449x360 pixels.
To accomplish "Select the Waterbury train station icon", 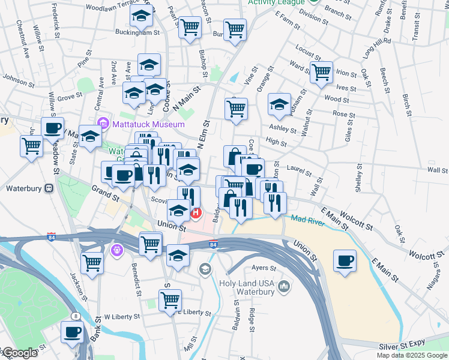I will coord(50,188).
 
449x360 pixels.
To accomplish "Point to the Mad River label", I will coord(308,218).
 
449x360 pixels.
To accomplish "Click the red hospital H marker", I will coord(196,213).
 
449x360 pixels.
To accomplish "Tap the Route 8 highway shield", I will coord(76,316).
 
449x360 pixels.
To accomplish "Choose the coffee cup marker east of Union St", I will coord(345,261).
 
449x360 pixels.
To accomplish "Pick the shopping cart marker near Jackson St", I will coord(92,262).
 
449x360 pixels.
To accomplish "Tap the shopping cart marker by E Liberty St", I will coord(170,299).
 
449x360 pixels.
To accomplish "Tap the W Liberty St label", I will coord(122,316).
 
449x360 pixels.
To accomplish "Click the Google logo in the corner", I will coord(19,353).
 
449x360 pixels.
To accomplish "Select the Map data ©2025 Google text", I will coord(411,355).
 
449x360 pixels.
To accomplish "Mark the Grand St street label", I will coord(105,193).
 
